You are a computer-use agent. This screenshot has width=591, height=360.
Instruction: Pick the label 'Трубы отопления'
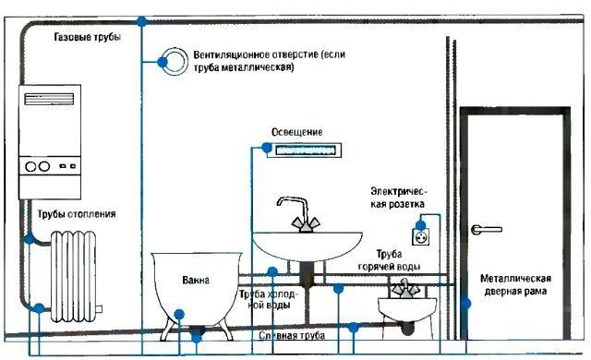77,215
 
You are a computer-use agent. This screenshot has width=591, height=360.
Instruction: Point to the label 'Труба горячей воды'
398,259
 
